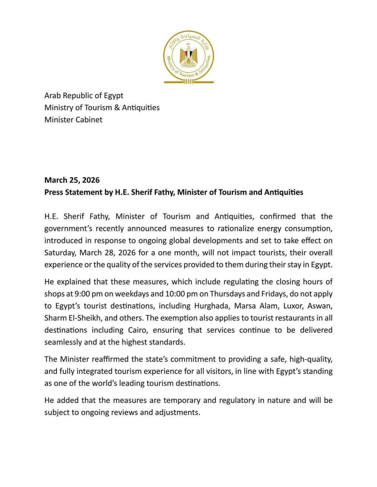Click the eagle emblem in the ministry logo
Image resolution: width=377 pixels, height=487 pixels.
pyautogui.click(x=188, y=55)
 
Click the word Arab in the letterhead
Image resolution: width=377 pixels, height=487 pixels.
pyautogui.click(x=52, y=96)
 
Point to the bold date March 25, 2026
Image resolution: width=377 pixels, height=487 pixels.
pyautogui.click(x=72, y=180)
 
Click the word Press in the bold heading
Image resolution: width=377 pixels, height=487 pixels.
pyautogui.click(x=54, y=192)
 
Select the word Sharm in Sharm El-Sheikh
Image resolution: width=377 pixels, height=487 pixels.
pyautogui.click(x=55, y=318)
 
